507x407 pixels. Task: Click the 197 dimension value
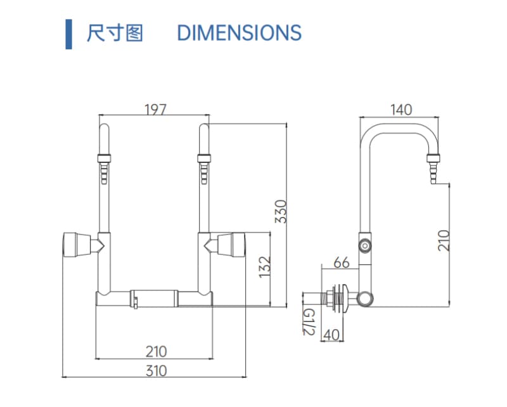155,109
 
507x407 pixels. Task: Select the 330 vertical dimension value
281,211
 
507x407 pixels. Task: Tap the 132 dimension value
264,267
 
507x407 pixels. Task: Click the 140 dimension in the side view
401,110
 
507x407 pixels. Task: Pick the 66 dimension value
341,262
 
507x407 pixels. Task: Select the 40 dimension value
331,334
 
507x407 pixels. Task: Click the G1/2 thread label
308,322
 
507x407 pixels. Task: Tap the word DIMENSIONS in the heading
239,32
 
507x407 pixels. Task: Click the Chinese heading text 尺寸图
115,32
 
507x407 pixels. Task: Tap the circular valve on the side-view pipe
366,245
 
